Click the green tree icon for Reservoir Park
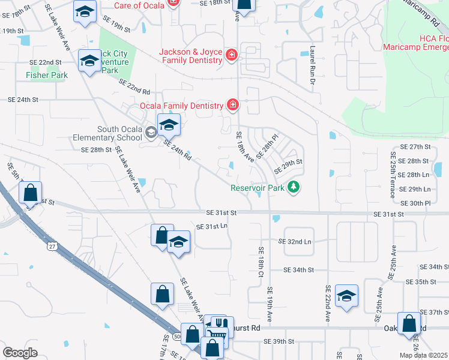pyautogui.click(x=294, y=188)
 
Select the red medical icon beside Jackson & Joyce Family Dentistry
pyautogui.click(x=232, y=56)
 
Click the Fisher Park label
pyautogui.click(x=46, y=75)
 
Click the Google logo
pyautogui.click(x=20, y=352)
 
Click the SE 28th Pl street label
pyautogui.click(x=268, y=146)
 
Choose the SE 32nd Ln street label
pyautogui.click(x=295, y=241)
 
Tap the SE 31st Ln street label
pyautogui.click(x=212, y=226)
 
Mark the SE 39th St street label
pyautogui.click(x=279, y=341)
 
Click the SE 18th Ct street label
pyautogui.click(x=261, y=262)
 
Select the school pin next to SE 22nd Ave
pyautogui.click(x=346, y=296)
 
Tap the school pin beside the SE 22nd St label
pyautogui.click(x=90, y=61)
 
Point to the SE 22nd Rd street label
pyautogui.click(x=134, y=86)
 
